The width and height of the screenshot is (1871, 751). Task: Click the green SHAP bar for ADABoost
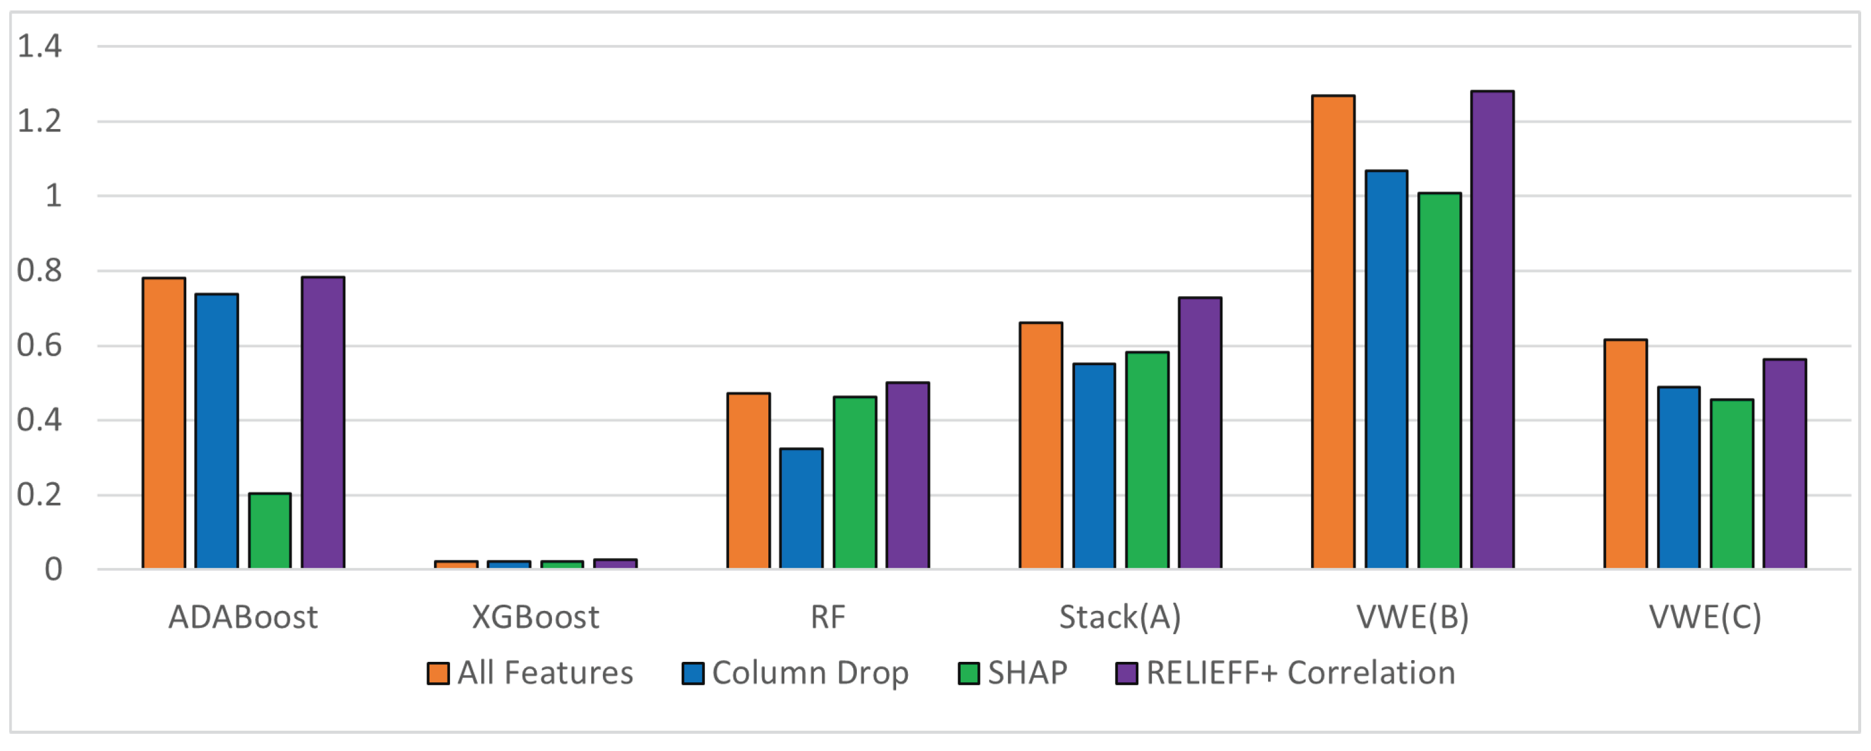[x=269, y=531]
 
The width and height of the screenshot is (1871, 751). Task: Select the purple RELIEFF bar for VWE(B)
[x=1492, y=330]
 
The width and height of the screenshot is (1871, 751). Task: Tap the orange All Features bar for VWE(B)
[x=1333, y=332]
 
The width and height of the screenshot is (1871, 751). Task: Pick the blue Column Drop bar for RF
[x=801, y=508]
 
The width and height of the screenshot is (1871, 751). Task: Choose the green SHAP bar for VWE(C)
[x=1731, y=484]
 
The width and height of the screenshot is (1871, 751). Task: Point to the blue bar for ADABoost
[x=216, y=431]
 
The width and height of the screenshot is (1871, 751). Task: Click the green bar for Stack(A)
[x=1147, y=460]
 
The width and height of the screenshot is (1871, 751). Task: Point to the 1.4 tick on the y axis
[x=39, y=47]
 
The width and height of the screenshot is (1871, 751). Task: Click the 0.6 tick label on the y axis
[x=39, y=346]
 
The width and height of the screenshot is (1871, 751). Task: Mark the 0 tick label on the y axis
[x=53, y=570]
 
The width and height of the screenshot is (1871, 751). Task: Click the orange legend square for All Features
[x=437, y=674]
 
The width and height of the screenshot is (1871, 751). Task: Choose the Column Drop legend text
[x=810, y=674]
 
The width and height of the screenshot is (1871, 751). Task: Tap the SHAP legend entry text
[x=1027, y=674]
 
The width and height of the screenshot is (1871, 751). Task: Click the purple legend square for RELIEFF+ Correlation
[x=1126, y=674]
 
